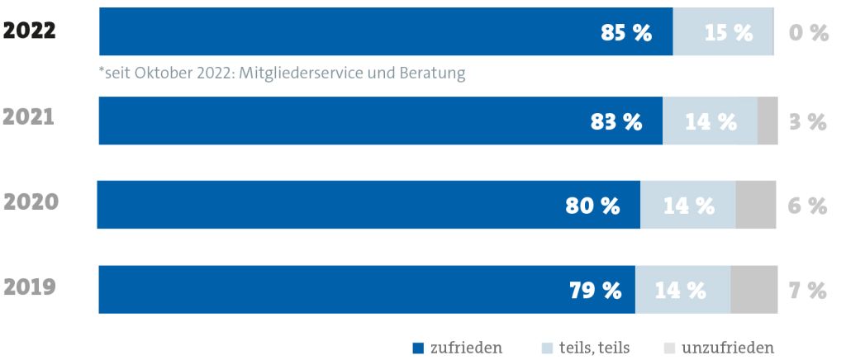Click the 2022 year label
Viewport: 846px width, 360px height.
tap(30, 31)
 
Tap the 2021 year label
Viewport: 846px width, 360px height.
tap(30, 117)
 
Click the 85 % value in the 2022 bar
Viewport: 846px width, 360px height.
tap(625, 33)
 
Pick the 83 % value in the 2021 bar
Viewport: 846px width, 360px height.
tap(615, 121)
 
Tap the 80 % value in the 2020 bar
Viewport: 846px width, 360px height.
tap(593, 206)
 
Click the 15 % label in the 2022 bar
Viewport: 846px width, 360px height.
tap(728, 33)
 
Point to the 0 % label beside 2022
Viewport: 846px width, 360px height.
tap(807, 33)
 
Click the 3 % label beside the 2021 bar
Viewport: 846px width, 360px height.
tap(806, 121)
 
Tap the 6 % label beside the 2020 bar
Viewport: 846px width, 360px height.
tap(806, 206)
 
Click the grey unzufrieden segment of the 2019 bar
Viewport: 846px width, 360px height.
tap(753, 289)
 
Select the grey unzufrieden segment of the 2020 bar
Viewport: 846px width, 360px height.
tap(755, 204)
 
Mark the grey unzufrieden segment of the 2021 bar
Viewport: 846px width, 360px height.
tap(767, 121)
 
